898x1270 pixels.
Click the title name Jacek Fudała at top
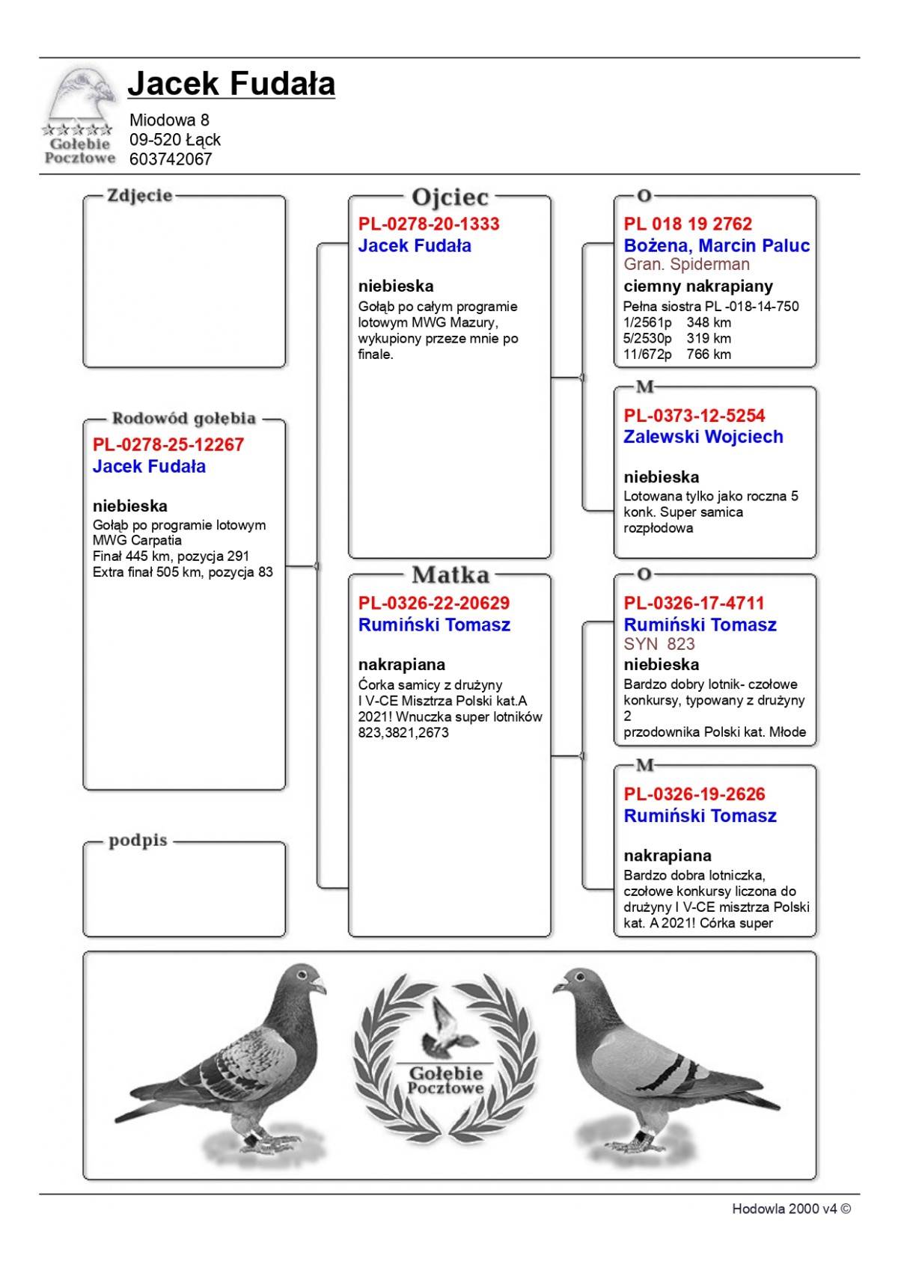(231, 84)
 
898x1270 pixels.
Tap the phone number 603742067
(171, 159)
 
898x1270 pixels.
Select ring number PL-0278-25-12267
(168, 445)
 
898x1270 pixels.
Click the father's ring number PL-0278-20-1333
(429, 224)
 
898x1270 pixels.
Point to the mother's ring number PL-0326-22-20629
(434, 603)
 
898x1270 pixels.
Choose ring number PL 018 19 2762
(688, 224)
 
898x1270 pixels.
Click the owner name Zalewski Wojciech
(703, 437)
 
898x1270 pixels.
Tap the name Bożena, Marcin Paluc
(717, 245)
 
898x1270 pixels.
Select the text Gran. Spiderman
(686, 265)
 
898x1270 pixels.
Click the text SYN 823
(659, 644)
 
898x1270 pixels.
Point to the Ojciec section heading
(450, 197)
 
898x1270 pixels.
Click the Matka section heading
(450, 575)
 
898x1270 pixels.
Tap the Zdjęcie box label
(140, 196)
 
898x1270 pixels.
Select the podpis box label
(138, 841)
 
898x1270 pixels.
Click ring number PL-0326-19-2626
(694, 794)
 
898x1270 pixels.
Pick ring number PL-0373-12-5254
(694, 416)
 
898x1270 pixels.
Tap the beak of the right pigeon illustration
(558, 987)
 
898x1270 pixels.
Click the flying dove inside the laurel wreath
(446, 1025)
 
